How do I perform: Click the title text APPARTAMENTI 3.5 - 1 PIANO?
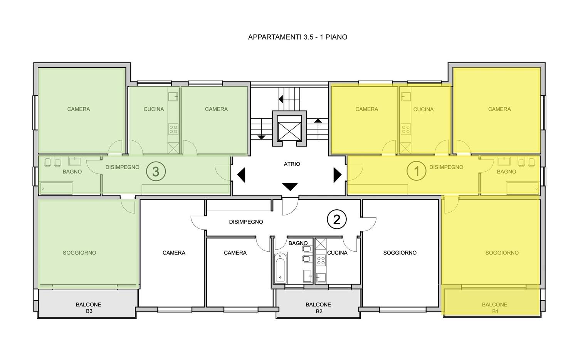[297, 37]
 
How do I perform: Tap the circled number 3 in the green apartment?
[156, 172]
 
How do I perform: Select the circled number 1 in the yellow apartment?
[417, 171]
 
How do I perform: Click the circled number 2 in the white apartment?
[337, 220]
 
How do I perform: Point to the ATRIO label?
[292, 164]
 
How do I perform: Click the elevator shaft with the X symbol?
[289, 128]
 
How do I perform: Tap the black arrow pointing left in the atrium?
[241, 175]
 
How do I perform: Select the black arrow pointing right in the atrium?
[338, 175]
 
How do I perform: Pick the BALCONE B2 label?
[318, 308]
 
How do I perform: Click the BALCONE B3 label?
[89, 308]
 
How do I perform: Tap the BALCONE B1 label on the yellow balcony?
[495, 308]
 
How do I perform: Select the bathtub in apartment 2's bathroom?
[280, 268]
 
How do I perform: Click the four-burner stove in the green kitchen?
[173, 129]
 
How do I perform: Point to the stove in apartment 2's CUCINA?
[321, 260]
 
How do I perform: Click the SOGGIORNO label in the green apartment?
[79, 253]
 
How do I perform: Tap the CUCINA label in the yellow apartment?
[423, 109]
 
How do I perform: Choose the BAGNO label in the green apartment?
[72, 172]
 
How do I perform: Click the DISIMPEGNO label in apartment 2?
[246, 222]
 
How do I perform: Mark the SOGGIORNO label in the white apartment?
[400, 253]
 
